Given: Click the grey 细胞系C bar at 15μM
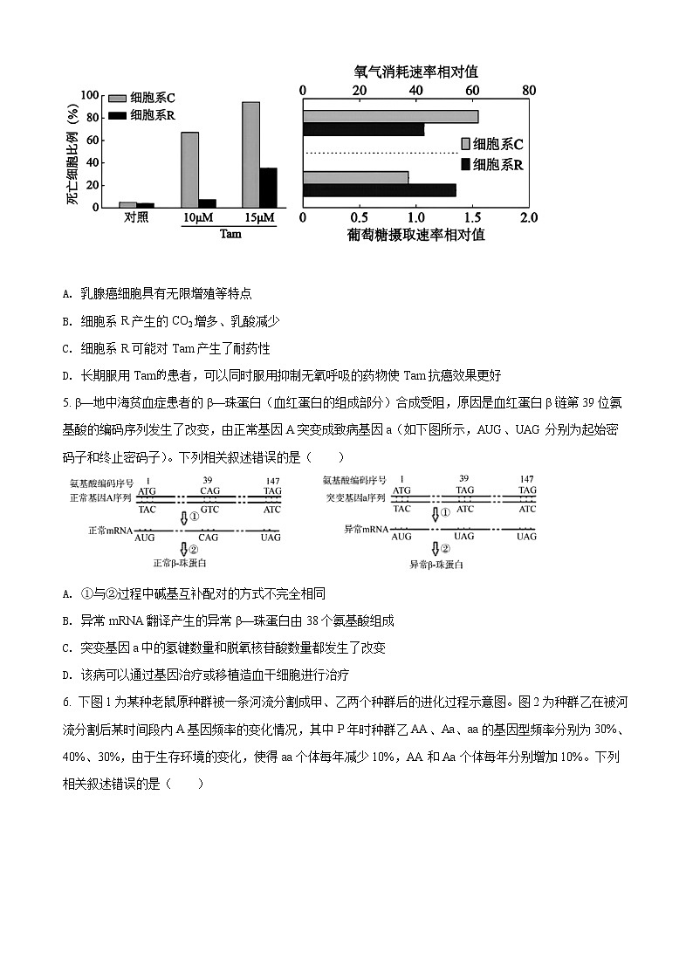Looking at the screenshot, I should coord(250,154).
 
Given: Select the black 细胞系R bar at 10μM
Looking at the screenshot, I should coord(207,203).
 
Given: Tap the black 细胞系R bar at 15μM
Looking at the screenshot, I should coord(268,187).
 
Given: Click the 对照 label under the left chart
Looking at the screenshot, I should coord(136,218).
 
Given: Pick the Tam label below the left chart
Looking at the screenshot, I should coord(230,234).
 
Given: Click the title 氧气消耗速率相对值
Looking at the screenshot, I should coord(415,72).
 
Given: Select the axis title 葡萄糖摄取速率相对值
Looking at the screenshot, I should coord(415,234).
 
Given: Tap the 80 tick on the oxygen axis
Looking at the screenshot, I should coord(528,91).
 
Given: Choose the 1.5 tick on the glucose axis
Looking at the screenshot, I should coord(472,217).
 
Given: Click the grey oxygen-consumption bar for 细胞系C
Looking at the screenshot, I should coord(390,116).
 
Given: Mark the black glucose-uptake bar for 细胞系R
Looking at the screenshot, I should coord(379,190).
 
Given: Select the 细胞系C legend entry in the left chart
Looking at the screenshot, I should coord(144,99).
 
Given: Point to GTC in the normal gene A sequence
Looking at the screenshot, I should coord(209,509).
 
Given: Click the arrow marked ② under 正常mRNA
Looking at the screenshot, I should coord(184,549).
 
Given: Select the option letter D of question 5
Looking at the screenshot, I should coord(67,675).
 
